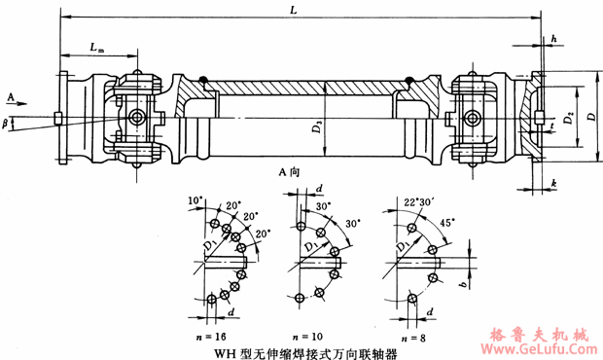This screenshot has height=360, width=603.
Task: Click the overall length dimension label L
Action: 294,9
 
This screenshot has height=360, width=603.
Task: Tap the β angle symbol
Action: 7,123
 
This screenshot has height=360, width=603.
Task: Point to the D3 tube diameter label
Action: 317,126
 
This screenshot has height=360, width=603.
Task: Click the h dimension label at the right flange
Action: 553,38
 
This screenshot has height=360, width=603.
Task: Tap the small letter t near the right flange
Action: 551,126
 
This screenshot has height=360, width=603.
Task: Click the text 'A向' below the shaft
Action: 289,171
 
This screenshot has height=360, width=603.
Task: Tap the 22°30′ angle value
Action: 411,200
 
